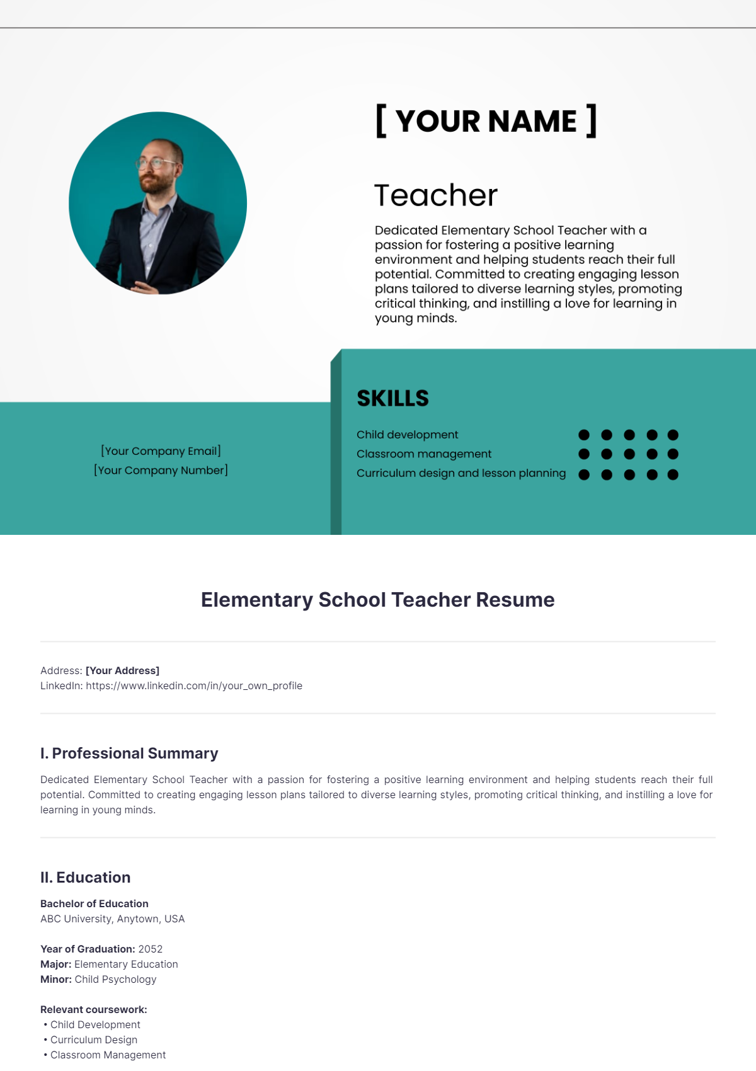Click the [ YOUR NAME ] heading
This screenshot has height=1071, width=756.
point(486,121)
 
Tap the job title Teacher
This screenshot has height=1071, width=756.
point(435,195)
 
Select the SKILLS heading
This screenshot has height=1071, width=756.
point(392,398)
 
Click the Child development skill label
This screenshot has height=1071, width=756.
point(407,435)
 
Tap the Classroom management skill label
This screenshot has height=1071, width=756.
point(423,454)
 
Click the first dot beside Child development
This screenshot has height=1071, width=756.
point(584,435)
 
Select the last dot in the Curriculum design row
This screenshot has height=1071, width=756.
point(673,474)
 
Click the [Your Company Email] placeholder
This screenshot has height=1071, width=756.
point(161,451)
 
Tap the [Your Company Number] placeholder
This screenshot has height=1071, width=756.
point(161,470)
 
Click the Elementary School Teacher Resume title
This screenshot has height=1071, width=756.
point(377,600)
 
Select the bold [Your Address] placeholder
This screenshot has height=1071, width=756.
point(122,670)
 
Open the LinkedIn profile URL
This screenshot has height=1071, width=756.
point(194,685)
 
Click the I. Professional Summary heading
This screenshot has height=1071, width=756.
point(129,753)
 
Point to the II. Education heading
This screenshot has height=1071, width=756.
point(85,878)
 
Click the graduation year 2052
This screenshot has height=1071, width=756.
point(151,949)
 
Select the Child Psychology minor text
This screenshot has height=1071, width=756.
point(115,979)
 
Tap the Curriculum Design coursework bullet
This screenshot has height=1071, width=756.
point(93,1039)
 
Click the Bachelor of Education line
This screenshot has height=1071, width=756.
point(94,903)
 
